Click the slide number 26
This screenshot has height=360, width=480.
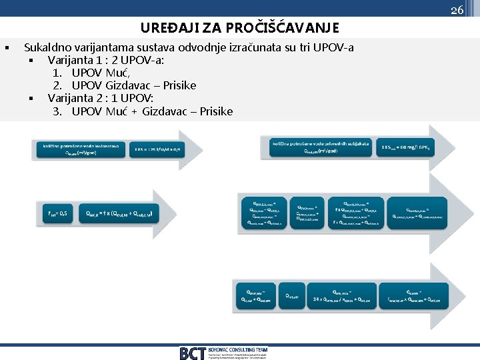tap(457, 10)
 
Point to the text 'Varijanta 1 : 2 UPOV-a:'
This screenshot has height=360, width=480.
tap(106, 60)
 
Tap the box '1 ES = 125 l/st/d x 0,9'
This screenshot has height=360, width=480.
tap(157, 149)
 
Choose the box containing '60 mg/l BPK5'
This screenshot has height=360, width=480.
tap(407, 147)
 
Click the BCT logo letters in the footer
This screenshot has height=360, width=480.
tap(192, 353)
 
